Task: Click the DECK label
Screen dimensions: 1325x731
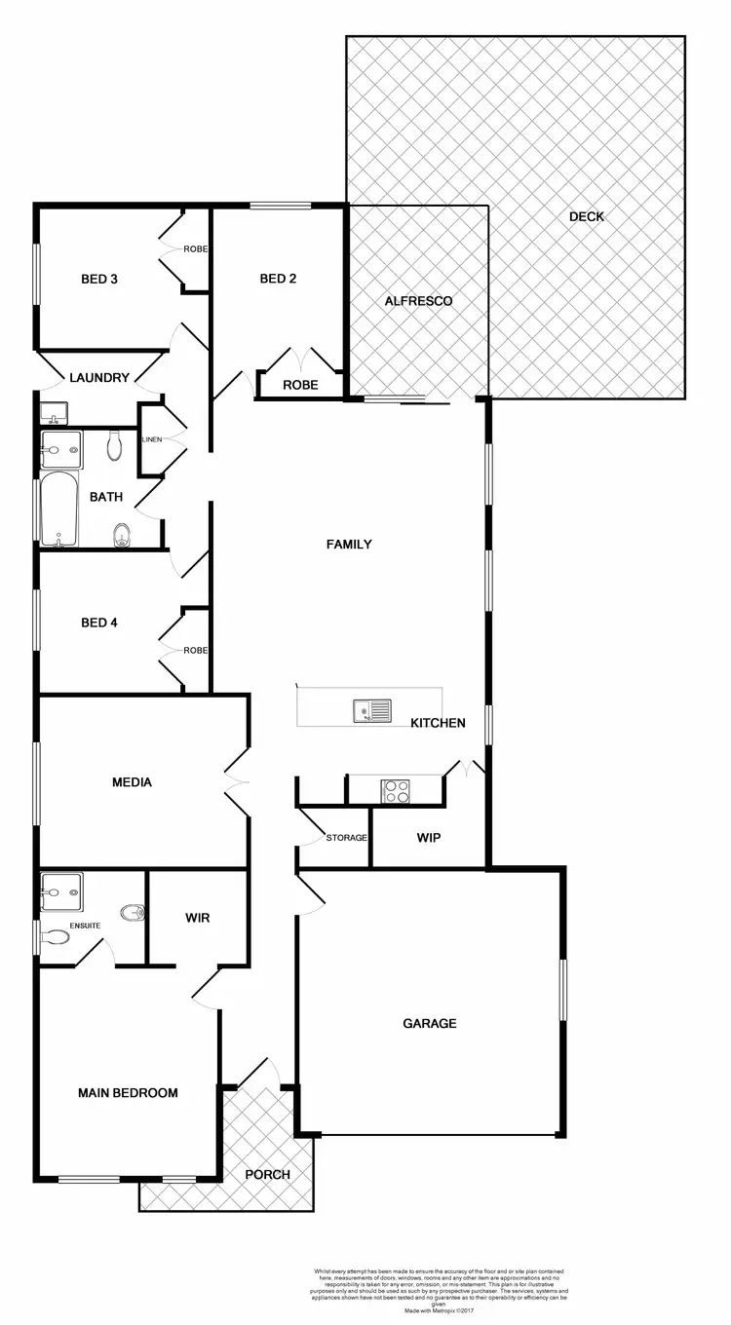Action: click(587, 216)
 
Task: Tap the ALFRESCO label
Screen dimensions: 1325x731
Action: click(418, 301)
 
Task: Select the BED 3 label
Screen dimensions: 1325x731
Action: click(99, 280)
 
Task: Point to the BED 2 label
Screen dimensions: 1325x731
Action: click(278, 279)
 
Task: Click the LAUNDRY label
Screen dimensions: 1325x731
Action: click(99, 377)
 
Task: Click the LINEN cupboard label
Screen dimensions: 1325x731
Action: click(151, 440)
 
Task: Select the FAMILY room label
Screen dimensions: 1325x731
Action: click(349, 545)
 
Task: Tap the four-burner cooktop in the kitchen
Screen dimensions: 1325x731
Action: click(395, 790)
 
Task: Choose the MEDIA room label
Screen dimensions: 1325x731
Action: click(132, 781)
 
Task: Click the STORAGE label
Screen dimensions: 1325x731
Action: click(346, 838)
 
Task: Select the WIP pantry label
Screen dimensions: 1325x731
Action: click(430, 837)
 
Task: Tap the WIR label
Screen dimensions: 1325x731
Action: click(197, 917)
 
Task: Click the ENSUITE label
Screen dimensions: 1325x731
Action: click(84, 926)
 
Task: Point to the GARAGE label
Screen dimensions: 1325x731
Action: click(430, 1023)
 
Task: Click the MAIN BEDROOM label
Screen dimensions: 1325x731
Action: click(128, 1093)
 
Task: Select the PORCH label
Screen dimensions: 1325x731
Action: click(267, 1174)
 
